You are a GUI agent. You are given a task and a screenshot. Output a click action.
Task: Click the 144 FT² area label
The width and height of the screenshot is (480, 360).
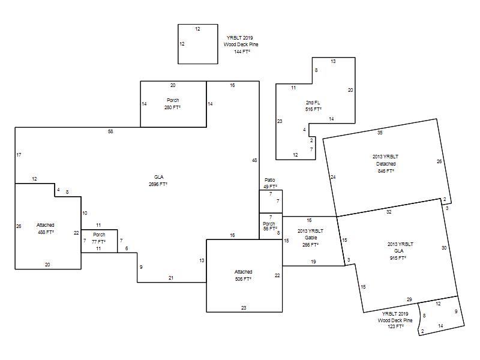(x=242, y=52)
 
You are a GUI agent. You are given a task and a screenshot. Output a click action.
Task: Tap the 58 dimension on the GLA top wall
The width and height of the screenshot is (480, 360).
(x=110, y=131)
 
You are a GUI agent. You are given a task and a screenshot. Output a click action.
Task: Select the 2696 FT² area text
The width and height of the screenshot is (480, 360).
(x=158, y=184)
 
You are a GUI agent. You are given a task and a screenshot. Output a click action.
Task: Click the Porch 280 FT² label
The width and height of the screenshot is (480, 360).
(x=173, y=104)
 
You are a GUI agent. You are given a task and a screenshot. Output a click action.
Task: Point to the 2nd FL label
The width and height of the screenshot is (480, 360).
(x=313, y=103)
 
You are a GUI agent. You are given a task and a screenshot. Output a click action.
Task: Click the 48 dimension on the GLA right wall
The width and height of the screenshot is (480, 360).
(x=254, y=160)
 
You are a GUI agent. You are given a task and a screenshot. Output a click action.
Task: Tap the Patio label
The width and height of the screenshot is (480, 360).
(x=270, y=180)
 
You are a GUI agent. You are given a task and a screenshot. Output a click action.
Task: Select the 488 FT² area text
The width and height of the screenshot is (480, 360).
(x=46, y=232)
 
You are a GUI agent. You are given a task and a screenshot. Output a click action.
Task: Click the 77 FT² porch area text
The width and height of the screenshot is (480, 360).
(x=98, y=242)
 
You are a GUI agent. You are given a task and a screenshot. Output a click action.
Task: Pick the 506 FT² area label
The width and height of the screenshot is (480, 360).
(x=244, y=279)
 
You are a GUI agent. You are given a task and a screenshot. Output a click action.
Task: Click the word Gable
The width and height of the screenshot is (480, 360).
(x=311, y=238)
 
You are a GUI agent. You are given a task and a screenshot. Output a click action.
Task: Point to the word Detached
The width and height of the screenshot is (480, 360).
(x=386, y=164)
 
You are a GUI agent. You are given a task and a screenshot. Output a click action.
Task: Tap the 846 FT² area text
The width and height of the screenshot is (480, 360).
(x=386, y=171)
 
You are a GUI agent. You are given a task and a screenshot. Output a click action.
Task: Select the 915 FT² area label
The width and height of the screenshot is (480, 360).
(x=398, y=258)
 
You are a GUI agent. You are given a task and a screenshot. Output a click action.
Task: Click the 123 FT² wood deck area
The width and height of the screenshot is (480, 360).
(x=395, y=326)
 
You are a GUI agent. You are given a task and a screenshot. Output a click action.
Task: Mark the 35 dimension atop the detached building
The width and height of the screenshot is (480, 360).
(x=380, y=133)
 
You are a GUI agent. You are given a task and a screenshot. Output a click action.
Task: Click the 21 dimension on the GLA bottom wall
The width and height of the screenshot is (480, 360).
(x=171, y=278)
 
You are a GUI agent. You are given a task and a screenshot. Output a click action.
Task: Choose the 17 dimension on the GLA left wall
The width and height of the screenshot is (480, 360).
(x=19, y=155)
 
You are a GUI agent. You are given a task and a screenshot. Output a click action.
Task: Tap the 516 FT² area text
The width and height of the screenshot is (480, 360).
(x=313, y=109)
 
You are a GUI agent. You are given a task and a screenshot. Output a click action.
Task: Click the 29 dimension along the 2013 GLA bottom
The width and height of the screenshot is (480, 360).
(x=409, y=299)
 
